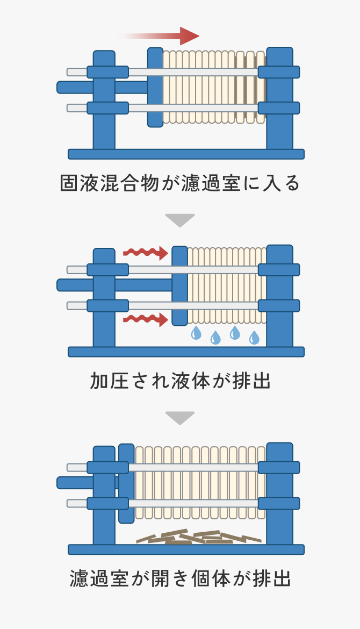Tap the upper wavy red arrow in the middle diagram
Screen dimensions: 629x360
(x=146, y=252)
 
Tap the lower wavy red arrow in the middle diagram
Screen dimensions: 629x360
(x=146, y=320)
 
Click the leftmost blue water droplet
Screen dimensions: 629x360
(x=196, y=334)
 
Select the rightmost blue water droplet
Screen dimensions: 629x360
(x=254, y=338)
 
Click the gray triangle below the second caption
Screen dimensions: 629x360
(x=180, y=417)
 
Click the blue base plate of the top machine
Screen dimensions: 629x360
(x=186, y=154)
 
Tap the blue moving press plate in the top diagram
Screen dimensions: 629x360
(x=155, y=87)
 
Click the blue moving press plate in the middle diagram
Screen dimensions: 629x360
(x=179, y=285)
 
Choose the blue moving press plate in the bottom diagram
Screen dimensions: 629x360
(x=126, y=483)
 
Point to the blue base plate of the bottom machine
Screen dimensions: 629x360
(x=186, y=549)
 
